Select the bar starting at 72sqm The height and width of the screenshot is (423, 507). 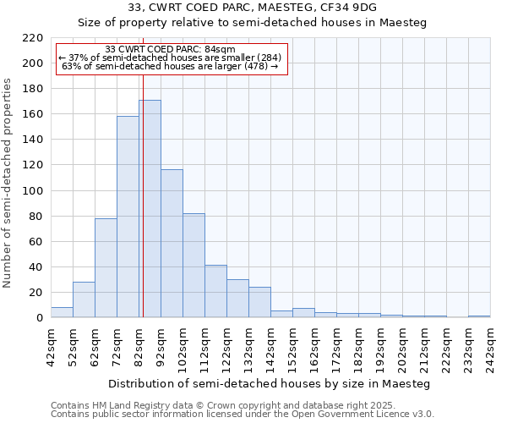point(128,217)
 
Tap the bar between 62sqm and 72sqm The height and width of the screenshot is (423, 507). point(106,267)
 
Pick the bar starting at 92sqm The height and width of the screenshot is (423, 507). point(172,244)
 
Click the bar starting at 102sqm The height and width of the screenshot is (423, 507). point(194,266)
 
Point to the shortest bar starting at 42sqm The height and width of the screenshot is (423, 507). point(62,312)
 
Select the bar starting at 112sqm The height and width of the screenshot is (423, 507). point(215,291)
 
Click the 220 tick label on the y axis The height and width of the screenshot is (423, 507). point(32,38)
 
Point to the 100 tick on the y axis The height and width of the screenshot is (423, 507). point(32,191)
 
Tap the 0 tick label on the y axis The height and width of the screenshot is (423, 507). point(39,318)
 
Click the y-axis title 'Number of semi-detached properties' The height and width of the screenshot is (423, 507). point(8,183)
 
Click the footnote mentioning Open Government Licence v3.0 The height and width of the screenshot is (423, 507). point(242,415)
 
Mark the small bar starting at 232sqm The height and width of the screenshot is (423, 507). point(479,316)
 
